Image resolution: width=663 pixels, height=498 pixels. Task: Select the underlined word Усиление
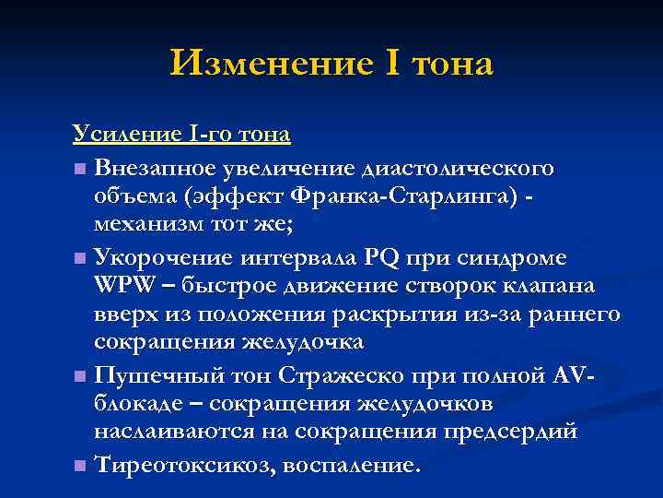[117, 135]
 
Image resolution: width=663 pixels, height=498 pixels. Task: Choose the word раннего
[574, 314]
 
